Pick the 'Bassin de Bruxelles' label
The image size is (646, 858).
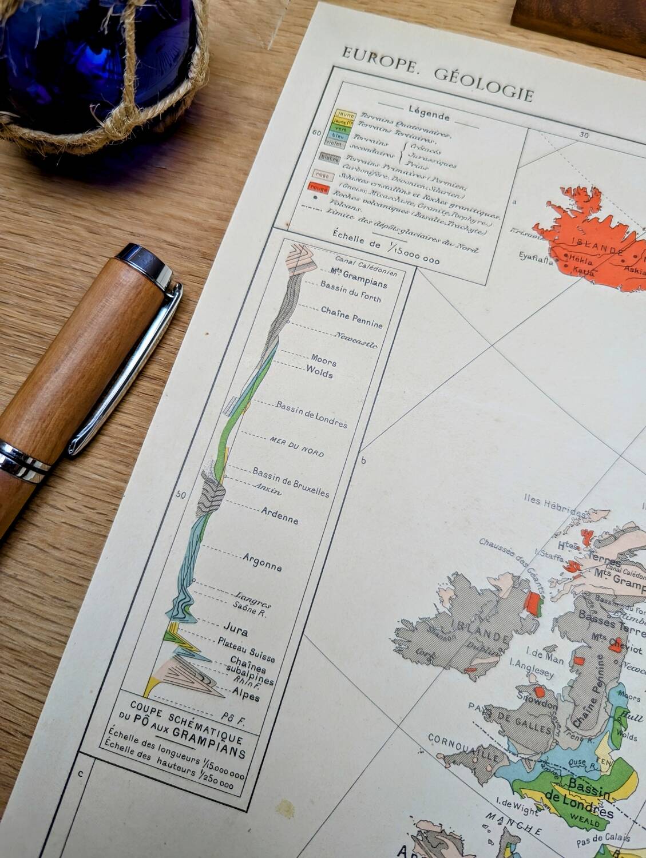tap(291, 483)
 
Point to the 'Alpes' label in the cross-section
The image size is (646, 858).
tap(246, 694)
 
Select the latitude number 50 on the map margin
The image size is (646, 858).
tap(181, 495)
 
